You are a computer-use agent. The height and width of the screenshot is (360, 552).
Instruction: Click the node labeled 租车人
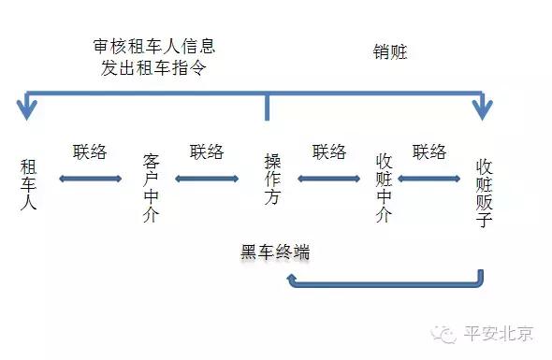(x=28, y=184)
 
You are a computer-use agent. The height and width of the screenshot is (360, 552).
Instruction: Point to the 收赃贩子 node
(x=484, y=192)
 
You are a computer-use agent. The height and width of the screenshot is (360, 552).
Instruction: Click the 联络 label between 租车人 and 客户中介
(x=90, y=151)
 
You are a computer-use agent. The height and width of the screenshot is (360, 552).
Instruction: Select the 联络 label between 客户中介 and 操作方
(x=207, y=151)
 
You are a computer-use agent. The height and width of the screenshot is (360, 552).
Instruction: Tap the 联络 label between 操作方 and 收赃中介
(x=329, y=151)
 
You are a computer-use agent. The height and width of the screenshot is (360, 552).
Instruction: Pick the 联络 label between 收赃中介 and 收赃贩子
(x=429, y=151)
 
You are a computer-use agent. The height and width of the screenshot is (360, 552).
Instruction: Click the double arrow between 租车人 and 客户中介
(x=90, y=178)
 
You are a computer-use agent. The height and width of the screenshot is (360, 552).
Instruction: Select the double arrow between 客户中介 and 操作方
(x=207, y=178)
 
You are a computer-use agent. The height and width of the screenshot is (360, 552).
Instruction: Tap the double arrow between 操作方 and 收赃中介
(x=328, y=178)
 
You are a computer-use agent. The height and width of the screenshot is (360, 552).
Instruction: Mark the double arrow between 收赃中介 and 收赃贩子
(x=429, y=178)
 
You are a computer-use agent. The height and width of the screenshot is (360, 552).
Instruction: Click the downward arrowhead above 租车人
(x=28, y=109)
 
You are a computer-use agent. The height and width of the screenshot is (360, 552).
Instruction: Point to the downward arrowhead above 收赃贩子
(x=482, y=109)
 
